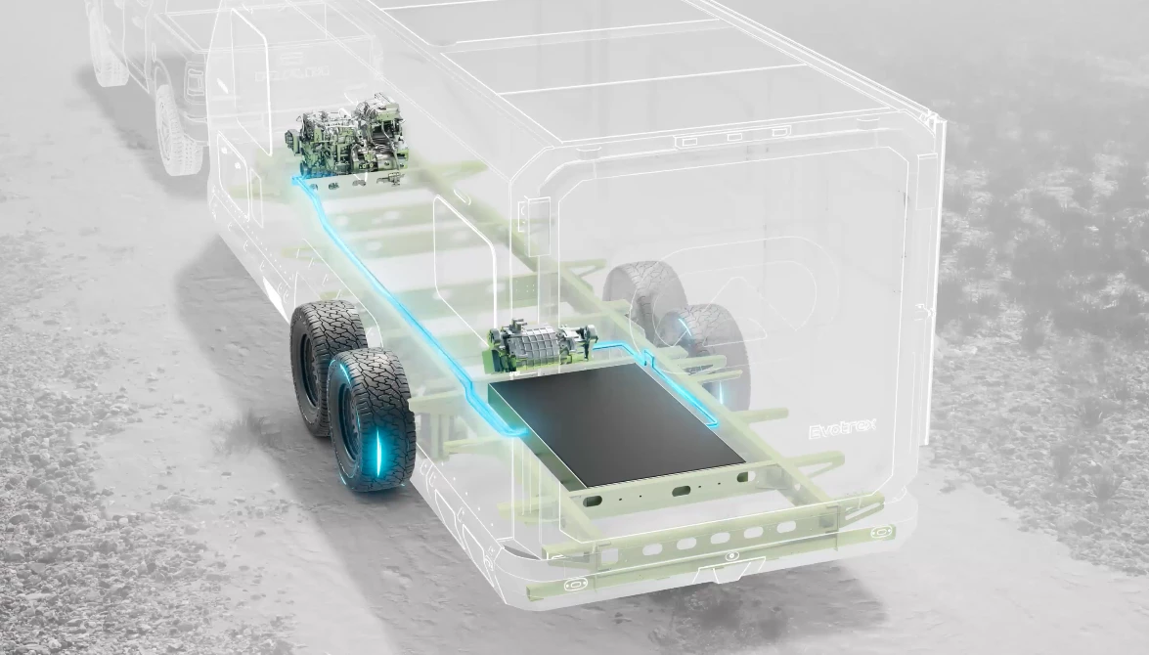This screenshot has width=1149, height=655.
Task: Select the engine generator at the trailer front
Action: (347, 147)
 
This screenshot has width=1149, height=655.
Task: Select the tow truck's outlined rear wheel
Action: (177, 132)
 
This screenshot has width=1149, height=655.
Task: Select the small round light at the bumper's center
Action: (728, 555)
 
